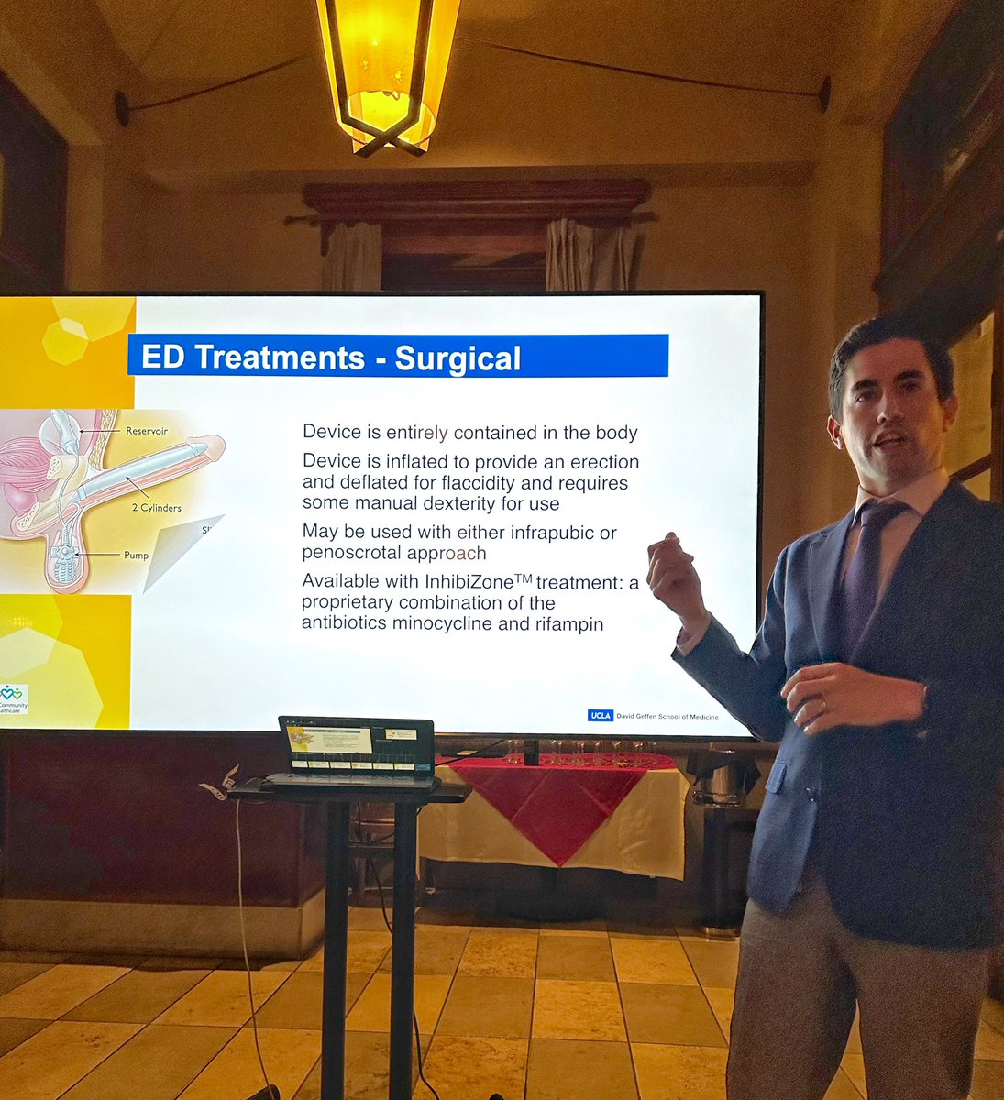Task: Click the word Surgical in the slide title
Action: point(458,357)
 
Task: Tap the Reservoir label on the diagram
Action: point(146,430)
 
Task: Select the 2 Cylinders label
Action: point(155,507)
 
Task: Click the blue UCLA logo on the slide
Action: point(600,715)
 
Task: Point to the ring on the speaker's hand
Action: point(823,703)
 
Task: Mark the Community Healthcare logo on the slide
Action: point(13,699)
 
